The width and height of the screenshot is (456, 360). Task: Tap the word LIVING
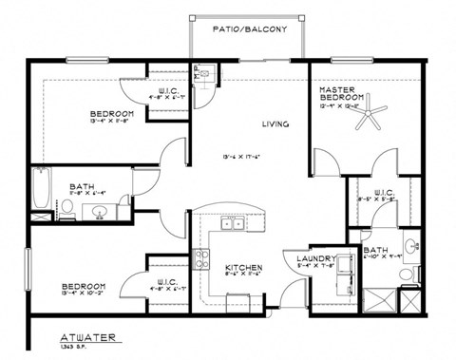tap(275, 124)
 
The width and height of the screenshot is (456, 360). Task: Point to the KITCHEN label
tap(243, 268)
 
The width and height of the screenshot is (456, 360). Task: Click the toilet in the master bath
tap(407, 275)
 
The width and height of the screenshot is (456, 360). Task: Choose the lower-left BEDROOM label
tap(84, 286)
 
